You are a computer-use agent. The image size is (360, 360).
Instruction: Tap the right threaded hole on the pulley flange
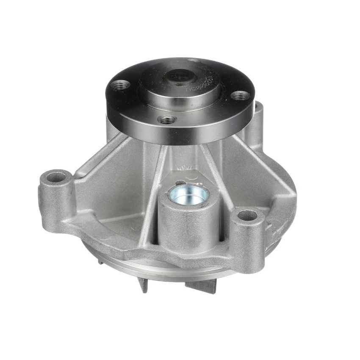point(242,96)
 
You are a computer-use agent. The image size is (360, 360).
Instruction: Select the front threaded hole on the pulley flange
point(168,119)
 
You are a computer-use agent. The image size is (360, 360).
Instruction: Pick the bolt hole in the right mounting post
point(248,216)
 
